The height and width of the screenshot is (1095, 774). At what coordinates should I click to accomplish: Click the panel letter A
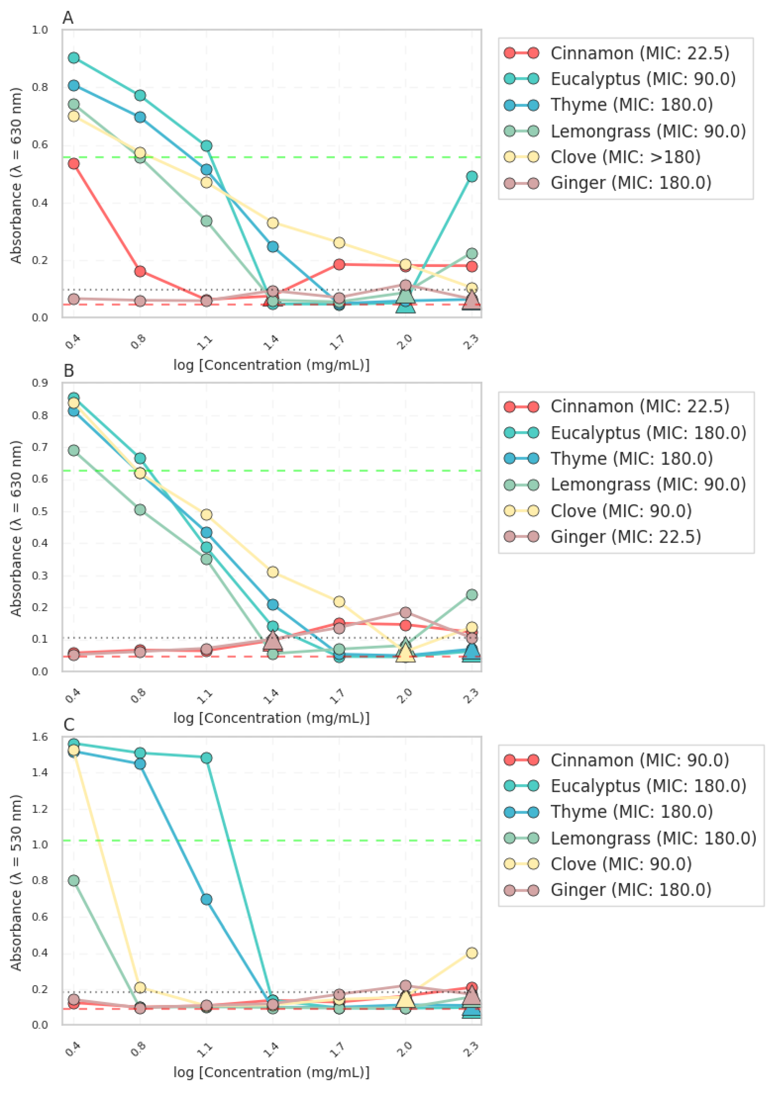(68, 18)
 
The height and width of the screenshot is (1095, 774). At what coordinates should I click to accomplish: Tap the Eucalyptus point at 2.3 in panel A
(472, 176)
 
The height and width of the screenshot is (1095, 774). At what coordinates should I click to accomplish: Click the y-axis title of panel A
(16, 175)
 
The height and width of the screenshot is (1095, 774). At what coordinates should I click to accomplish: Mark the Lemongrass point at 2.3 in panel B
(472, 595)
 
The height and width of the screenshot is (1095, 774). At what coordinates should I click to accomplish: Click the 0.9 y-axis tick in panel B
(40, 383)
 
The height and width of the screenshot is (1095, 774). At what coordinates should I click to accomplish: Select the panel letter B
(69, 371)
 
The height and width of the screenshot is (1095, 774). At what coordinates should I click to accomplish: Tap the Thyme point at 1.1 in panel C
(207, 899)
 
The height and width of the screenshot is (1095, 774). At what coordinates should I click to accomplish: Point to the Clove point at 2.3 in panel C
(472, 953)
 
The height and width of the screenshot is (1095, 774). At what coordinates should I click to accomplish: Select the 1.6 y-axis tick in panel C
(40, 737)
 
